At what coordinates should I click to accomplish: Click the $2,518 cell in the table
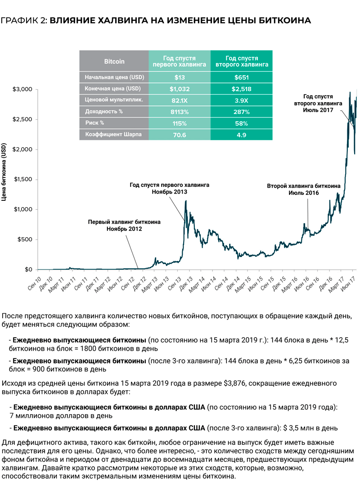pyautogui.click(x=242, y=89)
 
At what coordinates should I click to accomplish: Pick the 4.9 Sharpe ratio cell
pyautogui.click(x=242, y=134)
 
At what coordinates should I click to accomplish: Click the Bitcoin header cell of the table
pyautogui.click(x=114, y=61)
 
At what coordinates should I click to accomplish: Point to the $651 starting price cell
pyautogui.click(x=242, y=77)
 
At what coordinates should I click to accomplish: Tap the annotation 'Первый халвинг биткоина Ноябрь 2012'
pyautogui.click(x=124, y=226)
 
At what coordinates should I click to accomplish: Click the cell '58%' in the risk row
pyautogui.click(x=242, y=122)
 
